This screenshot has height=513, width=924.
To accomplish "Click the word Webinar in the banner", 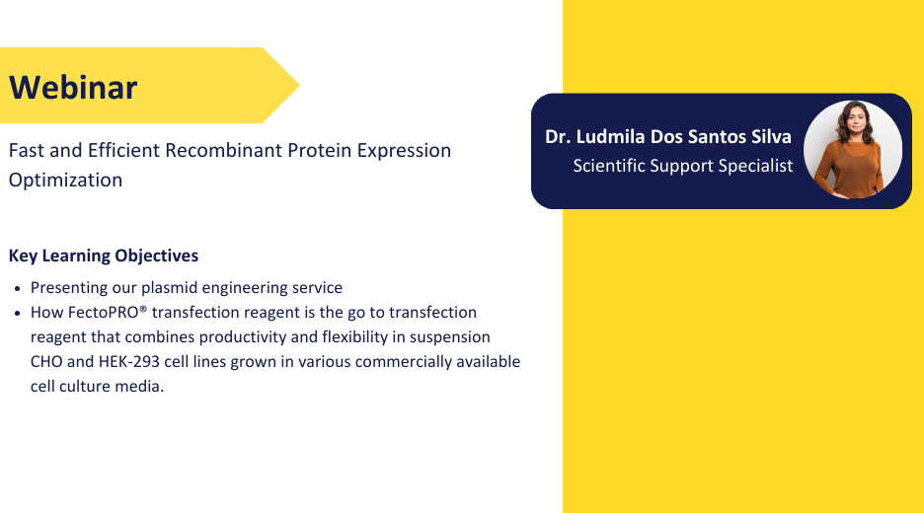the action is coord(73,87).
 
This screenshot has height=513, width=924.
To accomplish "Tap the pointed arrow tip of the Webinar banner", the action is coord(299,86).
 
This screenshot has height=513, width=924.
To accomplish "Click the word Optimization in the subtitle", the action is coord(65,181).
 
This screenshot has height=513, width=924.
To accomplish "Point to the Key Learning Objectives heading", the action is coord(104,256).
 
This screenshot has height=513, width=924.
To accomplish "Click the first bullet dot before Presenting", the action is coord(18,289).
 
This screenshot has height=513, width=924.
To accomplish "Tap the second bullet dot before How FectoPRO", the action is coord(18,314).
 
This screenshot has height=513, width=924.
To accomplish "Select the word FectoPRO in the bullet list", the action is coord(103,312).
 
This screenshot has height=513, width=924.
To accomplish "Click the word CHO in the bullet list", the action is coord(46,361).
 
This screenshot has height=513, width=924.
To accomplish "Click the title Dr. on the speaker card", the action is coord(558,137).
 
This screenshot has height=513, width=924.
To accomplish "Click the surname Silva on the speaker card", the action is coord(771,137).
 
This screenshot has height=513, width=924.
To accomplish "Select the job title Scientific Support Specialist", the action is coord(683,166).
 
